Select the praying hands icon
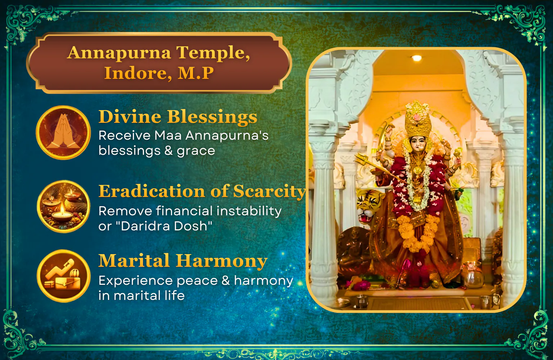(x=63, y=132)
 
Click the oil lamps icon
(x=63, y=206)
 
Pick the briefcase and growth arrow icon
(x=63, y=276)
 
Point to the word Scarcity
(x=269, y=192)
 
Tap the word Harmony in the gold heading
(x=221, y=261)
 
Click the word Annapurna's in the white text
(x=227, y=136)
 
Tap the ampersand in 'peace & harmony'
(x=226, y=281)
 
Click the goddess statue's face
(x=418, y=144)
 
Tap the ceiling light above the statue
(x=417, y=58)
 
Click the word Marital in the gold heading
(x=134, y=261)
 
